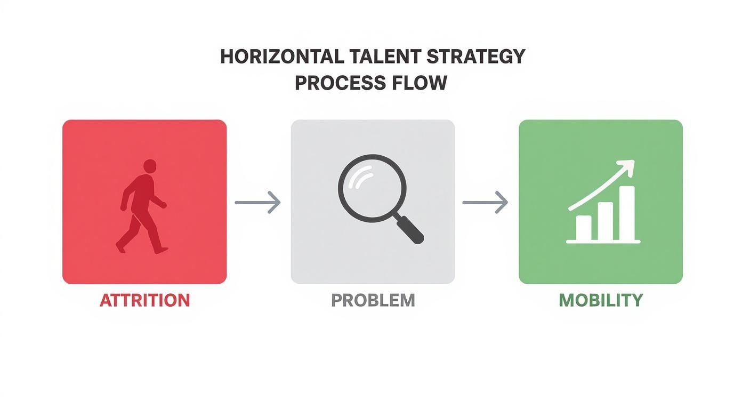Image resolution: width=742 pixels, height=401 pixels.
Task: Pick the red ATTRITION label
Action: click(144, 300)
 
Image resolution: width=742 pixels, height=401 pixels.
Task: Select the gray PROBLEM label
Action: click(373, 300)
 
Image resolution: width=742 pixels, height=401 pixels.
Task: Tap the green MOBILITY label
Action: click(600, 300)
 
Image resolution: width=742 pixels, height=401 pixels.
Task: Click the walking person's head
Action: click(150, 166)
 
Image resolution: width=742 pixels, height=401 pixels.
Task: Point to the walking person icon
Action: click(142, 205)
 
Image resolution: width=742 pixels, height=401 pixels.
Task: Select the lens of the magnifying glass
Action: click(372, 188)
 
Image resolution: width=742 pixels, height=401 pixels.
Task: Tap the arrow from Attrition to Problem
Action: click(257, 202)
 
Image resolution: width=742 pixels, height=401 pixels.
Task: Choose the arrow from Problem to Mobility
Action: click(485, 202)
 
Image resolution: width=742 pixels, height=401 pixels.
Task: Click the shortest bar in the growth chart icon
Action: click(584, 228)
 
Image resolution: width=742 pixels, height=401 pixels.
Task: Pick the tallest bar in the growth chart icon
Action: click(627, 213)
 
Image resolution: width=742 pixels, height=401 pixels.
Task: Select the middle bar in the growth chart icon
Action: click(605, 221)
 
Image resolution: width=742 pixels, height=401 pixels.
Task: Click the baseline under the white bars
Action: click(603, 242)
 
